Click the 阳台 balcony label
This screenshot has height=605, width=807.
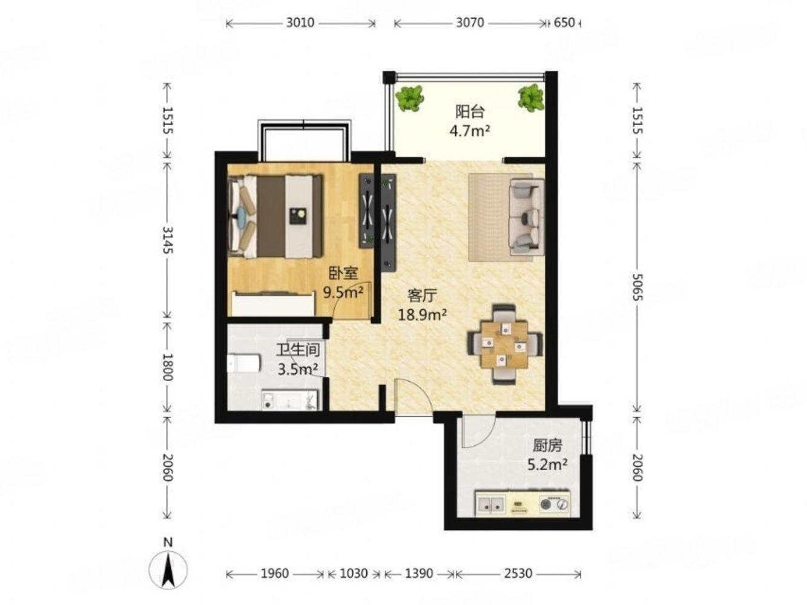[470, 112]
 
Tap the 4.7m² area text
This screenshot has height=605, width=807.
[470, 131]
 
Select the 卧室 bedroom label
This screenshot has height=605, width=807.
[343, 273]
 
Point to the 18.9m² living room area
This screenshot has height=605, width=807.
[423, 315]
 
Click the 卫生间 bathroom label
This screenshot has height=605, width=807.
[298, 350]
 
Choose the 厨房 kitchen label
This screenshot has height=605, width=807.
[547, 446]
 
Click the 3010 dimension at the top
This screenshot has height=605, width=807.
[300, 23]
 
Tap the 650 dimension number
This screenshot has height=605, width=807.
[564, 23]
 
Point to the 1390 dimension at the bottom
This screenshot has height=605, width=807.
[419, 573]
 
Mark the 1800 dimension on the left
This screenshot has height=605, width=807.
[168, 367]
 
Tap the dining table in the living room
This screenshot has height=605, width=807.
[504, 344]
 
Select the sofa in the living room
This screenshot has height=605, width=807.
[526, 217]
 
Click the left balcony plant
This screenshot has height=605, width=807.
[409, 98]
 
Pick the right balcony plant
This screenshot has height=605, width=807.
[530, 97]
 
